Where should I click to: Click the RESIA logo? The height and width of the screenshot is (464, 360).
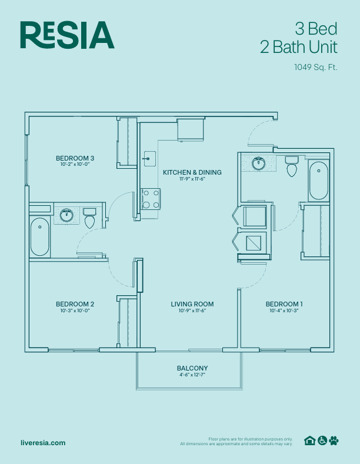pos(66,35)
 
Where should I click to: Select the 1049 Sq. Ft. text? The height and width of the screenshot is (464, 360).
pos(315,67)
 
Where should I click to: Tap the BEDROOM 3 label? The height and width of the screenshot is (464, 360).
pos(75,158)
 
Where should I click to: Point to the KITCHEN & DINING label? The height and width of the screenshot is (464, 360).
pos(192,172)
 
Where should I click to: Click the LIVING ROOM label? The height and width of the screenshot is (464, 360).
pos(192,304)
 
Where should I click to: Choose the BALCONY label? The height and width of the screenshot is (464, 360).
pos(192,369)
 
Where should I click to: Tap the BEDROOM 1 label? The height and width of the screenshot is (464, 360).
pos(284,304)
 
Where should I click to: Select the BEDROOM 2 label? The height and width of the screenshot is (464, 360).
pos(75,304)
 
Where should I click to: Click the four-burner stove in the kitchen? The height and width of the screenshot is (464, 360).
pos(151,199)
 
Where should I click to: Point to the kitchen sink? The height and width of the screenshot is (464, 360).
pos(147,158)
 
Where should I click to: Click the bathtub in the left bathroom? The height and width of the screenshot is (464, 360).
pos(40,236)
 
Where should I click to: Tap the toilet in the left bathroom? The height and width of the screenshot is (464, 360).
pos(89,219)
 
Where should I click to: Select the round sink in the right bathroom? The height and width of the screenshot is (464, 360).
pos(258,163)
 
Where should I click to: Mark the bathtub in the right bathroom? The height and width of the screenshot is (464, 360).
pos(318,181)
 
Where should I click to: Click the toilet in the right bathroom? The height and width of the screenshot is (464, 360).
pos(292,167)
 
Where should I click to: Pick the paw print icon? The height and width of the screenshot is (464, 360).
pos(334,440)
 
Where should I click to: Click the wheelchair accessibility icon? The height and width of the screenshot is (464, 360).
pos(322,440)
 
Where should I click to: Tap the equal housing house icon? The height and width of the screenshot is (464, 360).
pos(309,440)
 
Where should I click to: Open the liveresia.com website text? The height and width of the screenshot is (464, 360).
pos(43,443)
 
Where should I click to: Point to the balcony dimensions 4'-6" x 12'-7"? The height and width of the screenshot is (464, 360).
pos(192,375)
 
